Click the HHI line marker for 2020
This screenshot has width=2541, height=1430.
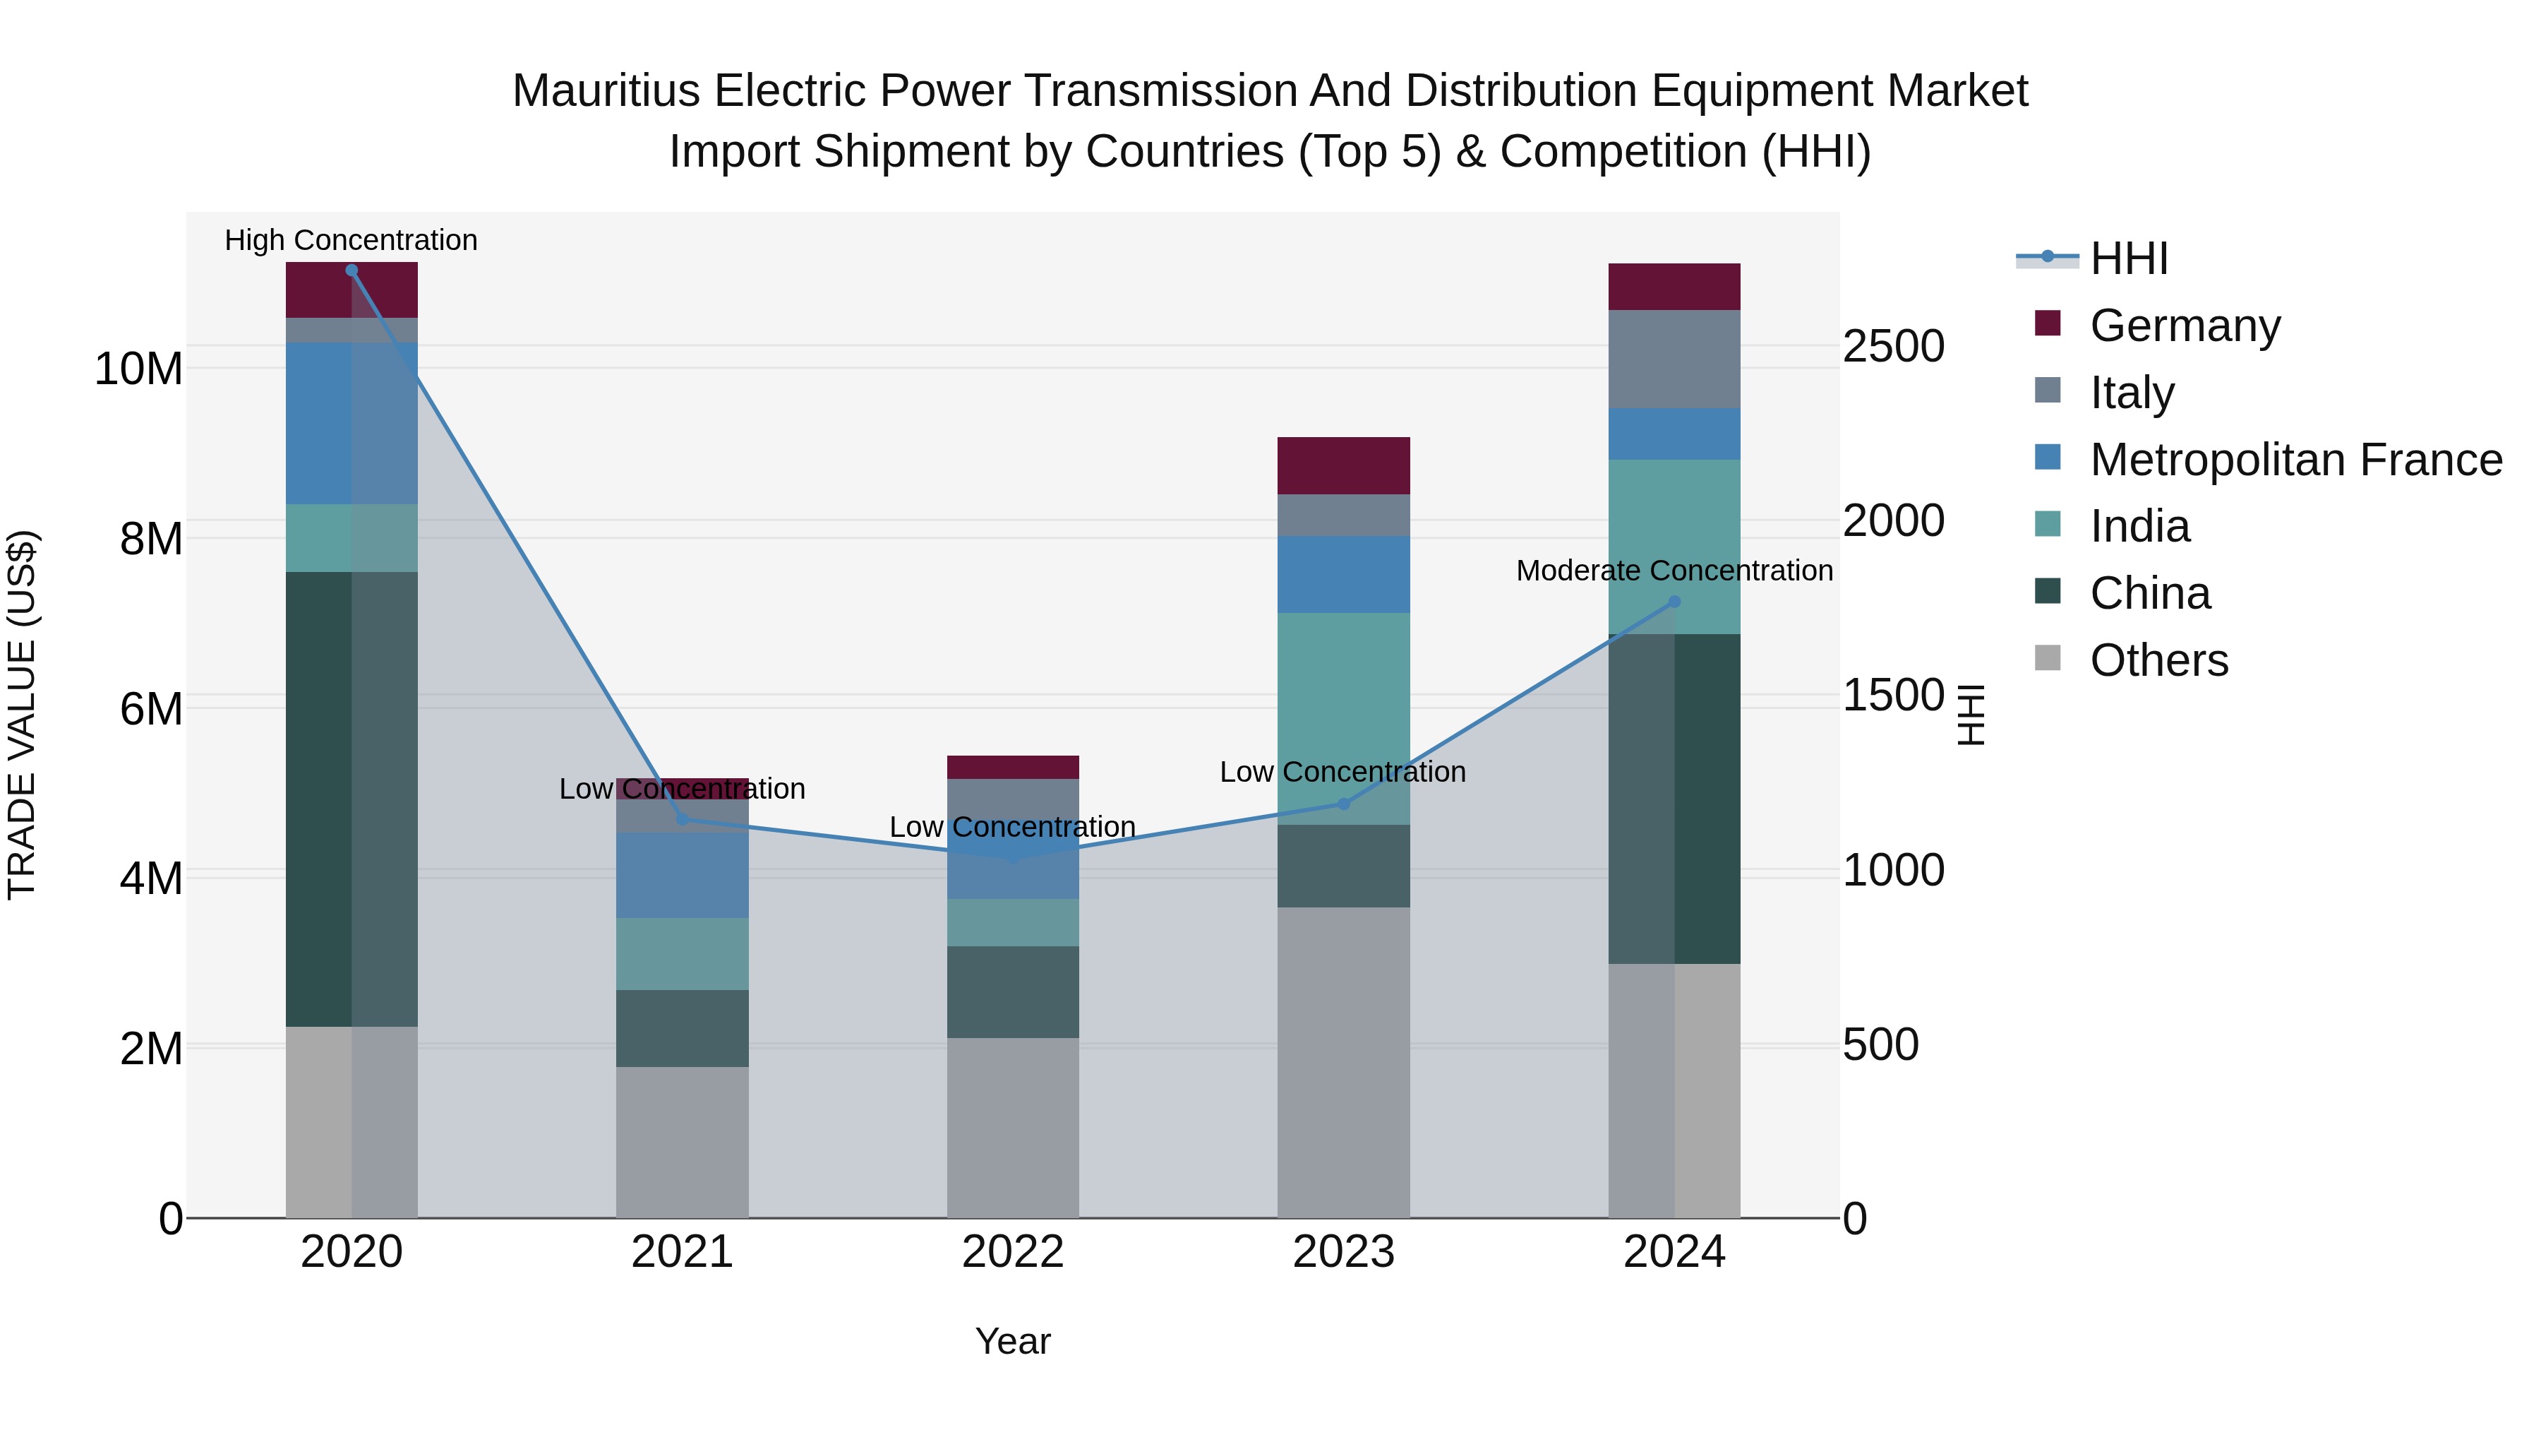pos(352,270)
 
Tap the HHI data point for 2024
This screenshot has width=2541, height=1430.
pos(1674,602)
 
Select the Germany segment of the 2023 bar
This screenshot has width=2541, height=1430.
pos(1343,466)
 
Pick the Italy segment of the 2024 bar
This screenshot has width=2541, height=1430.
pos(1674,359)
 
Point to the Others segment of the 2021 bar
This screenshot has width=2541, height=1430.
pos(682,1142)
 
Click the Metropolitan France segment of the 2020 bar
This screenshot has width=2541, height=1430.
pos(352,424)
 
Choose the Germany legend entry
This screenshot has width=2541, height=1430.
pos(2184,326)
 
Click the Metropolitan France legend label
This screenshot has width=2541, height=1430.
pos(2295,460)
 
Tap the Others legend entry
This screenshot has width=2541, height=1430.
pos(2158,660)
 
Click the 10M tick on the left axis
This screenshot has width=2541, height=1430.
pos(138,369)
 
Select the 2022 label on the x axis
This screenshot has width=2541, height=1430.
pos(1012,1252)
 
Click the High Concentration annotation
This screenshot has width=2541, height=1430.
pos(352,240)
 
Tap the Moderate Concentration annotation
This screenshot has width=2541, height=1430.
pos(1674,571)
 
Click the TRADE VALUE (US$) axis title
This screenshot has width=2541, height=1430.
pos(22,715)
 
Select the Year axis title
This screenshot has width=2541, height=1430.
pos(1012,1341)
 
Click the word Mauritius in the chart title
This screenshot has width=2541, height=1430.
pos(606,91)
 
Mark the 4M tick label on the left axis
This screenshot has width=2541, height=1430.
pos(151,877)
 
